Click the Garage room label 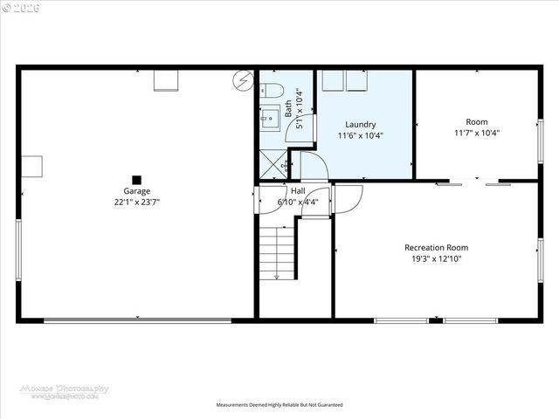(x=136, y=191)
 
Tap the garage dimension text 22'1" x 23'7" (x=136, y=202)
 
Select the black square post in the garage (x=136, y=179)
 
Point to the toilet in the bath (x=269, y=89)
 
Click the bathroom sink (x=270, y=116)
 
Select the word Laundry (x=360, y=125)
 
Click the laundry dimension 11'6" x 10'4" (x=360, y=135)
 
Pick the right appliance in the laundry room (x=357, y=80)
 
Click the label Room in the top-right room (x=476, y=122)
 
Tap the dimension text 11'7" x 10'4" (x=476, y=134)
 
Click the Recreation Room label (x=436, y=248)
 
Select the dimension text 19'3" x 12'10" (x=436, y=259)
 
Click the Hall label (x=298, y=190)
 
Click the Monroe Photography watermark (x=65, y=392)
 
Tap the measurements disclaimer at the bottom (x=279, y=405)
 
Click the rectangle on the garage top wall (x=166, y=80)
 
